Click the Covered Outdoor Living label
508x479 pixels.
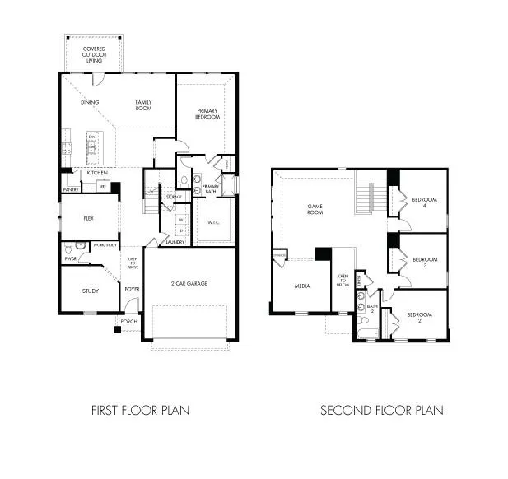click(x=94, y=55)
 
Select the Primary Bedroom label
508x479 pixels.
click(x=207, y=114)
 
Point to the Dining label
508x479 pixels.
click(x=91, y=103)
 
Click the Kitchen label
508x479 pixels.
click(x=97, y=173)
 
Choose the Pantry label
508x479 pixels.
click(x=70, y=190)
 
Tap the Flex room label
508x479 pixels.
click(x=90, y=219)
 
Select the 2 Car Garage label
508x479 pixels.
click(x=190, y=283)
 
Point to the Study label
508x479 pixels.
click(x=90, y=291)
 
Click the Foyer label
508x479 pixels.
click(x=132, y=289)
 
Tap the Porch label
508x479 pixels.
click(x=129, y=321)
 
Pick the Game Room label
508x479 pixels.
click(x=315, y=209)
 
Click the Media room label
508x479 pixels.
click(x=301, y=286)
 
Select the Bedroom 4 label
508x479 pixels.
click(x=424, y=202)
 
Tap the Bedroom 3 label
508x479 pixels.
click(x=424, y=262)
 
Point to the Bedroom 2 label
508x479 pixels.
click(x=420, y=318)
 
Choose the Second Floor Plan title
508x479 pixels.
click(x=381, y=409)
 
